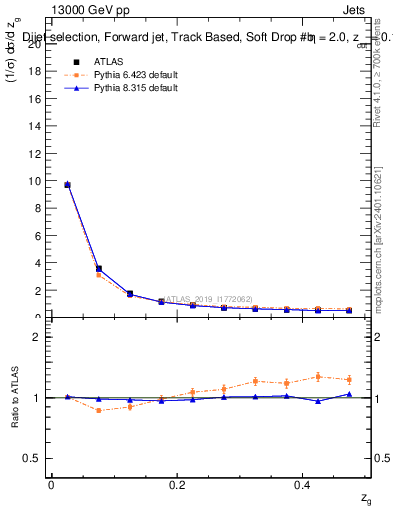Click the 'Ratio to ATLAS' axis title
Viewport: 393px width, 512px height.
click(14, 397)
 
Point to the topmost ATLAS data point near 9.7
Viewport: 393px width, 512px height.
click(67, 185)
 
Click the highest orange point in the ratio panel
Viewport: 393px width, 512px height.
click(318, 376)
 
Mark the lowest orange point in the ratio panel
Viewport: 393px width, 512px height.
click(98, 410)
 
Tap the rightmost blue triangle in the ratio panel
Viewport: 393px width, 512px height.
click(349, 394)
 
